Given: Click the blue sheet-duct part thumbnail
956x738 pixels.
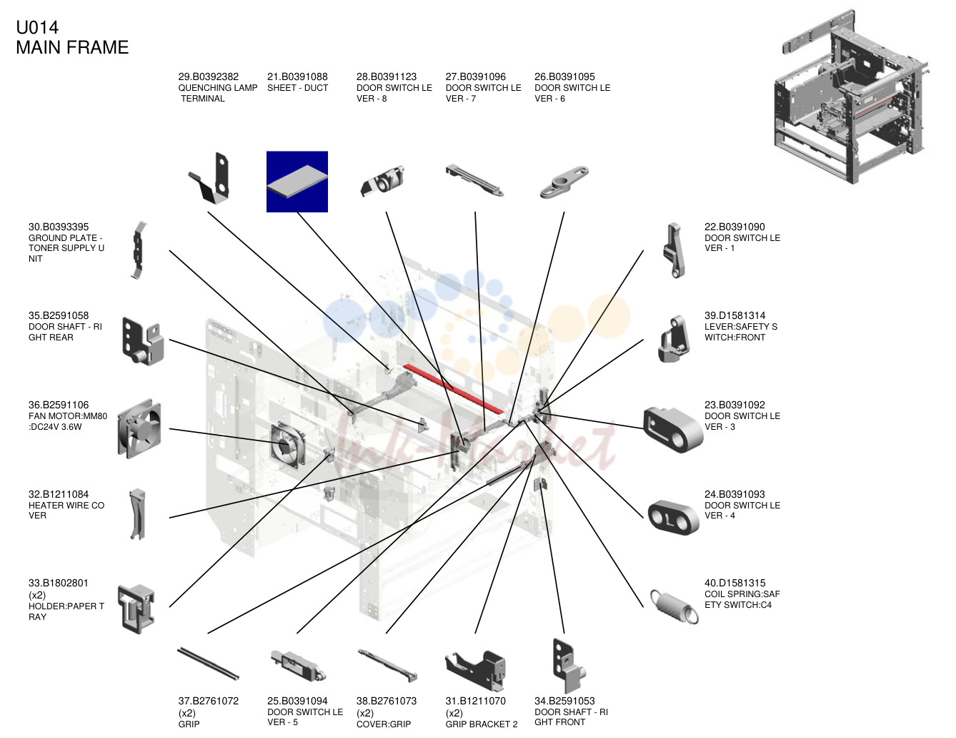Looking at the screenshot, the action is point(297,182).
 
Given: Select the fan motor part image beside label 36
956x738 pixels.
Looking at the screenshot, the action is point(139,428).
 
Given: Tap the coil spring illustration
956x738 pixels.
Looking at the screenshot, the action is point(674,606).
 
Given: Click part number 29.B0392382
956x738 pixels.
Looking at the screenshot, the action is point(208,77).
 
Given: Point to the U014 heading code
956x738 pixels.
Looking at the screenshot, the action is point(37,28).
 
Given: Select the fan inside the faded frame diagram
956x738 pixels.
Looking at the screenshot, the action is point(287,446).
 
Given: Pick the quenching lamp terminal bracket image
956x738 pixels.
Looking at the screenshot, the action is point(210,178).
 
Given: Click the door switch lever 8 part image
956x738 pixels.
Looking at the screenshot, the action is point(382,181).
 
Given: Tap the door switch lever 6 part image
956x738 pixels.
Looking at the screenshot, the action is point(564,182).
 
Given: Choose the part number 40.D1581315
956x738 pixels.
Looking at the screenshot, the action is point(735,583).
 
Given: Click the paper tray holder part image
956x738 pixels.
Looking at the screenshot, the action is point(136,609).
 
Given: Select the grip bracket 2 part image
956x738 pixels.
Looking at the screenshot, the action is point(476,670).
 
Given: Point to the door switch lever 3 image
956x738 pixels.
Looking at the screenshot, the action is point(673,429).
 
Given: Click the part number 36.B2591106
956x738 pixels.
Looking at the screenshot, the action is point(59,405).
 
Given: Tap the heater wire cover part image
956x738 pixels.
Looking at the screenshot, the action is point(137,514).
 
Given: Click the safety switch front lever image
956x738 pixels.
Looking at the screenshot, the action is point(674,339).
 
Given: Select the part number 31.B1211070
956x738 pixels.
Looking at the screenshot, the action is point(476,701).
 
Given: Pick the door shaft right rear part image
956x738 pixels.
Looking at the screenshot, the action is point(142,341).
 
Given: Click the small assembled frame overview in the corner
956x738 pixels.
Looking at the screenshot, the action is point(851,96).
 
